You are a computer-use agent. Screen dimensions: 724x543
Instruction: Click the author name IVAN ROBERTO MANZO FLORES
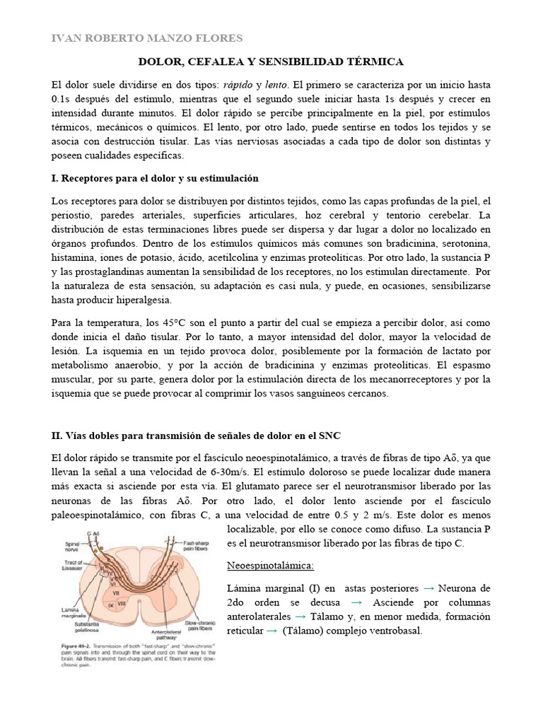click(x=147, y=38)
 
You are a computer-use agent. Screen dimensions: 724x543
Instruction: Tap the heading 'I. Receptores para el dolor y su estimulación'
click(x=155, y=178)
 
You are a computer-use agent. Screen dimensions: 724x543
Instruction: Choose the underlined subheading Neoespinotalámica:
click(x=270, y=567)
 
